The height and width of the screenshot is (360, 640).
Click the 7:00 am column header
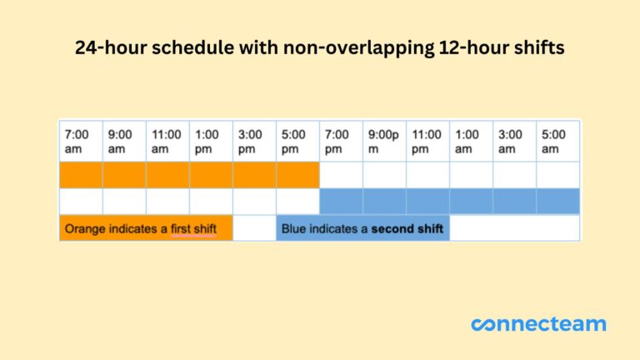81,141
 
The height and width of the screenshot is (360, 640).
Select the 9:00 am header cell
124,141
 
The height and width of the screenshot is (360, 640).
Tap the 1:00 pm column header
211,141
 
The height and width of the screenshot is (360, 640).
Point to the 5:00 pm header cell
297,141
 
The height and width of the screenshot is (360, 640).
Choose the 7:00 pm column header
341,141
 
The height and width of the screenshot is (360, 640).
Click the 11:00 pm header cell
427,141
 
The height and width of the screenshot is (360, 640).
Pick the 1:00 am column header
471,141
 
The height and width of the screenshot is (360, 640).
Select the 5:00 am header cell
557,141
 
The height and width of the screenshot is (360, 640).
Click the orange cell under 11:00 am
167,175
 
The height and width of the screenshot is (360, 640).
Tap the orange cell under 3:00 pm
254,175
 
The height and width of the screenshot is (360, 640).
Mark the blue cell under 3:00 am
514,201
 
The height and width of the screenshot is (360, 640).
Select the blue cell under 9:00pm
384,201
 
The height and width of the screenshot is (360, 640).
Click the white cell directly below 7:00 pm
341,175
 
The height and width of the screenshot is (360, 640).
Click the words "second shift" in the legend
407,228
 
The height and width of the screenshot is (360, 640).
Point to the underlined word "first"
193,228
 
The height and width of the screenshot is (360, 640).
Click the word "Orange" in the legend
84,228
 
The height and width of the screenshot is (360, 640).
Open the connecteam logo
538,324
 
